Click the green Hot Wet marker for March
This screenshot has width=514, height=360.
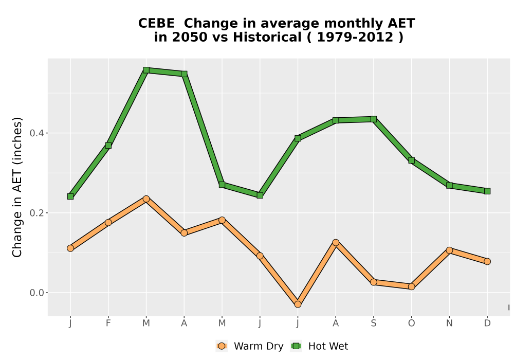tap(146, 70)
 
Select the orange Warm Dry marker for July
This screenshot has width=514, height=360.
tap(298, 304)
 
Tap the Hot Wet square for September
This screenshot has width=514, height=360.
tap(374, 119)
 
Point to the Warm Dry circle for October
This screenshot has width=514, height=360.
tap(411, 286)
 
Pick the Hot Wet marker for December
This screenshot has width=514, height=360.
tap(487, 191)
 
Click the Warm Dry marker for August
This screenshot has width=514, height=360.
tap(336, 243)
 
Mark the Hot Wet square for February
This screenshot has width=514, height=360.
tap(108, 145)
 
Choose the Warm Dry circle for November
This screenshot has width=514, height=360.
tap(449, 250)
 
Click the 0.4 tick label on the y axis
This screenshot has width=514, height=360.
tap(36, 133)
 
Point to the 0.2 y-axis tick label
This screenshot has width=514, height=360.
tap(36, 213)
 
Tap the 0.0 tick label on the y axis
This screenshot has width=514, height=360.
tap(36, 293)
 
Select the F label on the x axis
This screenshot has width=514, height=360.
tap(108, 323)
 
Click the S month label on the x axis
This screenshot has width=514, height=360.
tap(374, 323)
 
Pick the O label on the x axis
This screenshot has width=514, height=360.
tap(411, 323)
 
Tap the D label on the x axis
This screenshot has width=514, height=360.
tap(487, 323)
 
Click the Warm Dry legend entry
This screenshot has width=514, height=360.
tap(249, 346)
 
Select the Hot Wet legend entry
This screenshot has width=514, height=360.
tap(319, 346)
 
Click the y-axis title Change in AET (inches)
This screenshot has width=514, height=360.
tap(17, 187)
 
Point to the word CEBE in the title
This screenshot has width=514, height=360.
tap(156, 24)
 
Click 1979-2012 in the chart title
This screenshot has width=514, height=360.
tap(355, 37)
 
